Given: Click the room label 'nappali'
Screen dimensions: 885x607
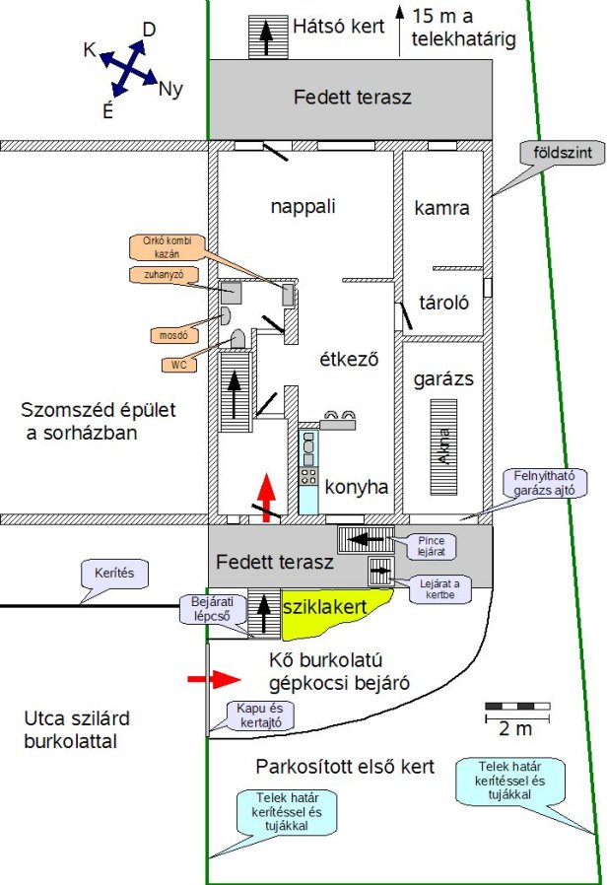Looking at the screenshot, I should (303, 207).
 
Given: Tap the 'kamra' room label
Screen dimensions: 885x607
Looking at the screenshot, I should (441, 208).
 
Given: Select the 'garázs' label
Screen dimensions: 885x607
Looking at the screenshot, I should (444, 378).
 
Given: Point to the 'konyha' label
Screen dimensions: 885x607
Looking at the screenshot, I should (356, 486).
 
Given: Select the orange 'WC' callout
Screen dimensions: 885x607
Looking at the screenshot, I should (179, 365).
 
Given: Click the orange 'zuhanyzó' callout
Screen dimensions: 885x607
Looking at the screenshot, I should (157, 274).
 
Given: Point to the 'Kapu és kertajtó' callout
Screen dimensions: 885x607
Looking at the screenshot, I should (253, 715).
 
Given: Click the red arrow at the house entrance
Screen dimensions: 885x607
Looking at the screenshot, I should (264, 493).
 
